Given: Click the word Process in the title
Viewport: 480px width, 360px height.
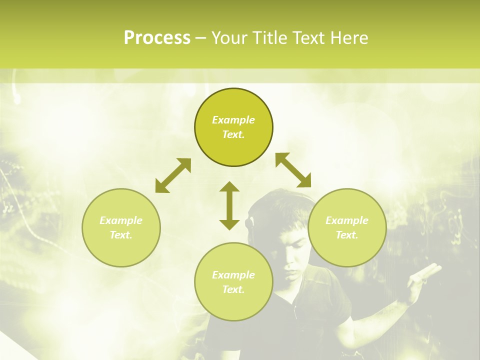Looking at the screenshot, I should click(157, 38).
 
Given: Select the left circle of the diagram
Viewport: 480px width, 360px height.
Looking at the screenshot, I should click(121, 227).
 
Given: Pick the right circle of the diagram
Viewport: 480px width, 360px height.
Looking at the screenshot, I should click(347, 227).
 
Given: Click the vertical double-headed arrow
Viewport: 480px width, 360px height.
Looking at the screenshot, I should click(229, 206).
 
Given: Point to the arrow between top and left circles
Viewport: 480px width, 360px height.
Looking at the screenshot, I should click(173, 175).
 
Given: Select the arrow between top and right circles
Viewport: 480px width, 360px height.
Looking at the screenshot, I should click(293, 170).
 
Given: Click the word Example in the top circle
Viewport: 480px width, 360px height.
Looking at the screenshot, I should click(233, 120).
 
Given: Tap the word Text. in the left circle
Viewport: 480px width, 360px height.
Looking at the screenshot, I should click(121, 235).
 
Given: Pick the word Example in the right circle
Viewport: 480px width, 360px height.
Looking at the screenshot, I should click(347, 220).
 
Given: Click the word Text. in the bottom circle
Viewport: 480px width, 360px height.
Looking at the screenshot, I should click(233, 289).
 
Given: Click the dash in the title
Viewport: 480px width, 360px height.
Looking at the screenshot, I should click(201, 38).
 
